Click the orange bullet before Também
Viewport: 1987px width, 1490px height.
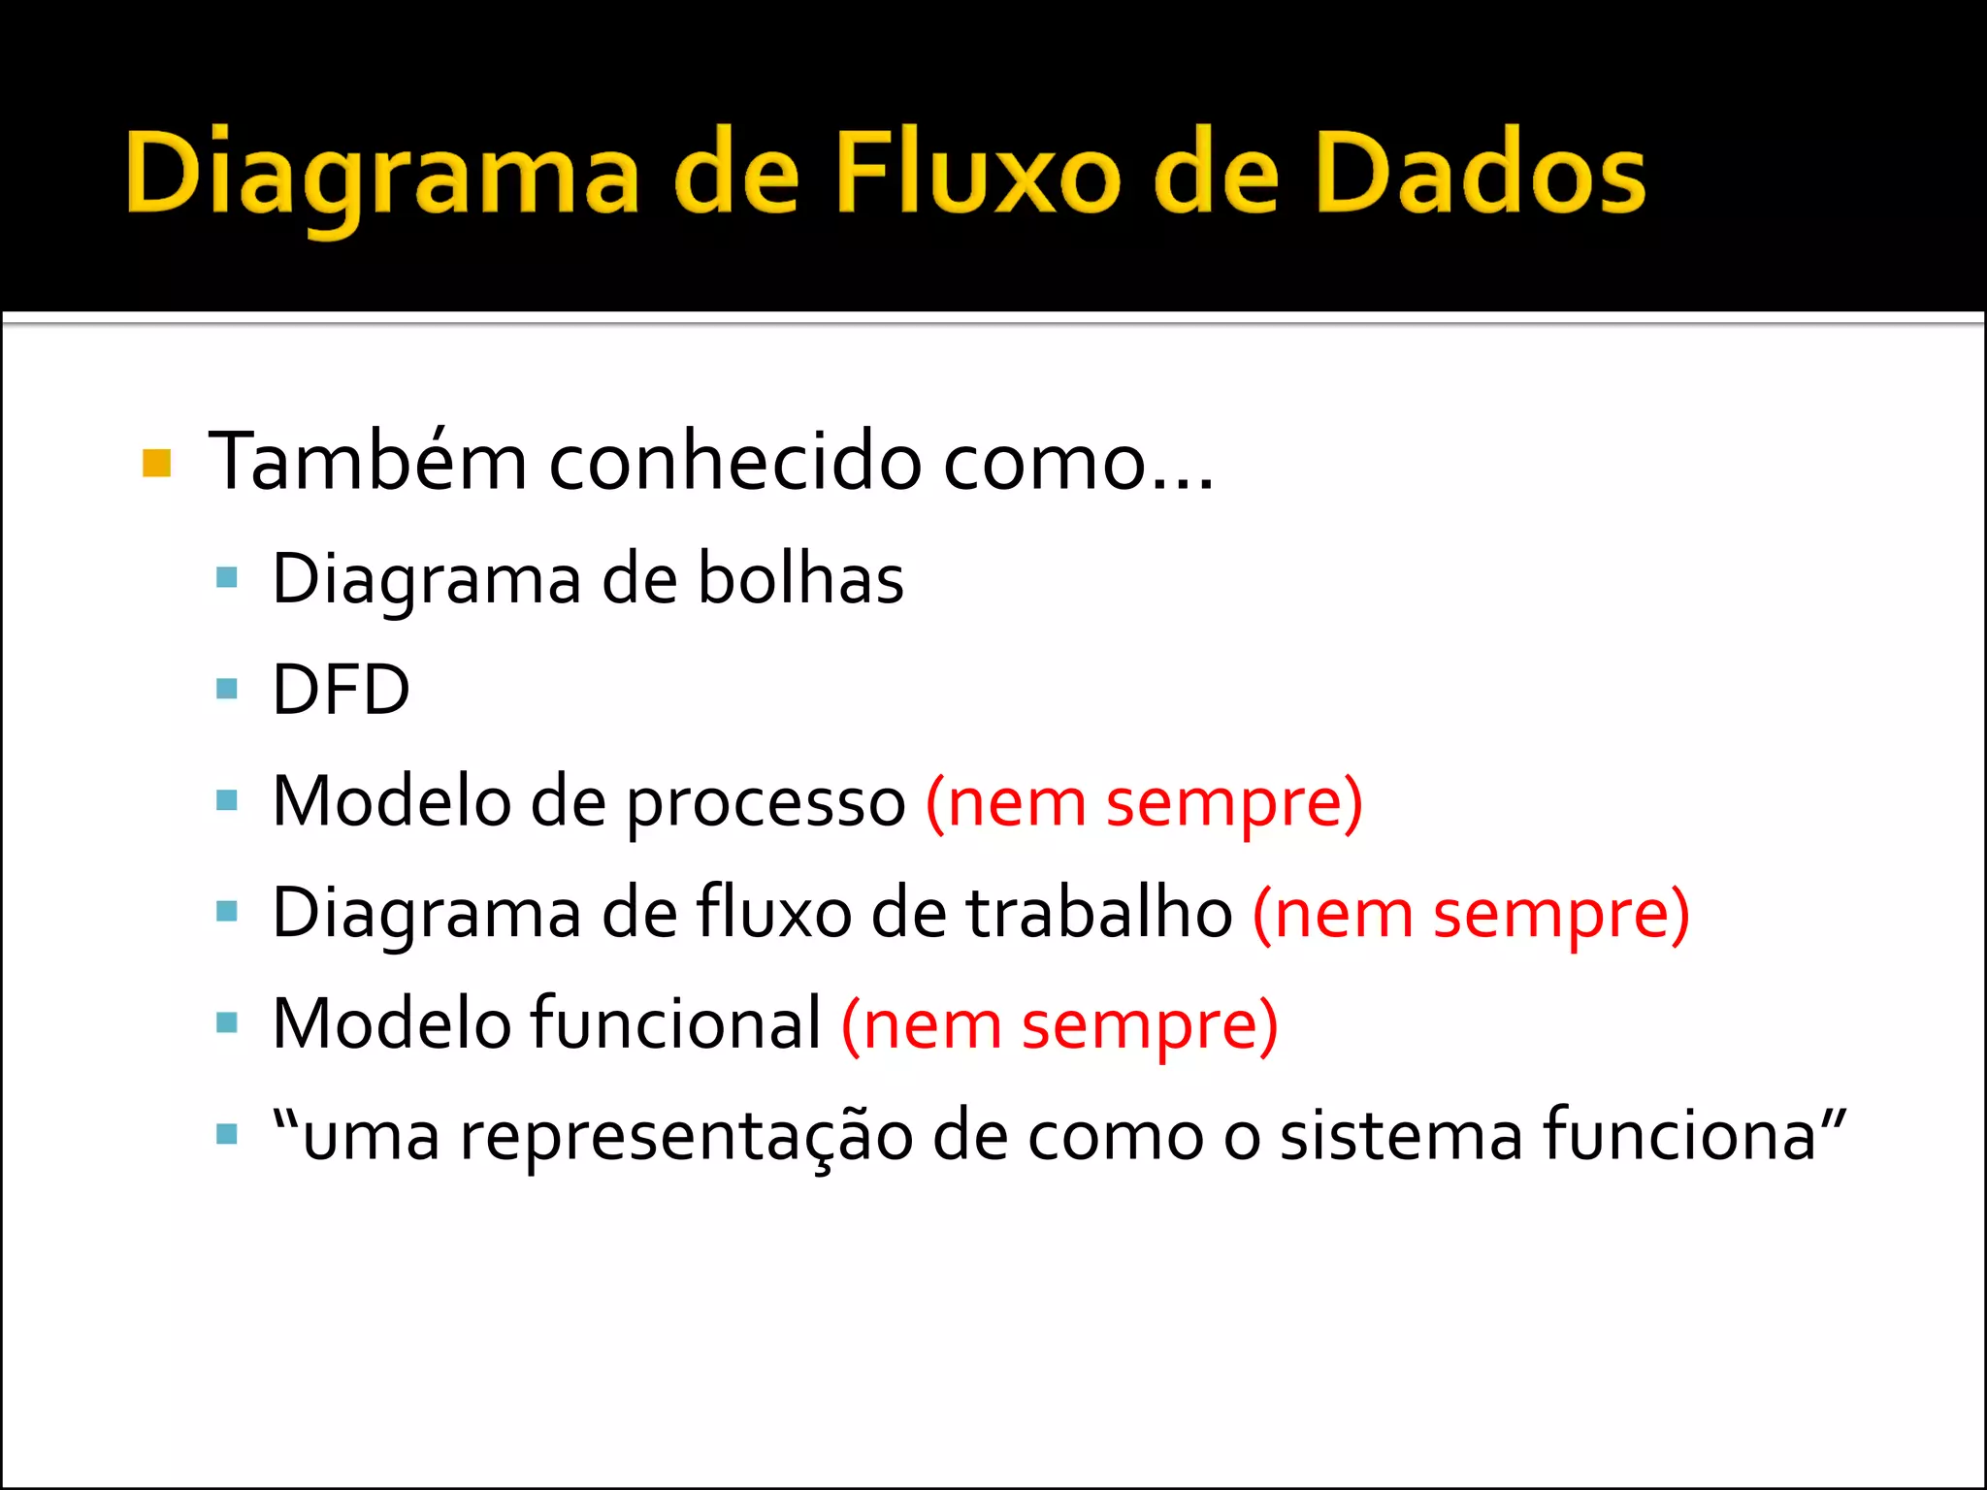156,464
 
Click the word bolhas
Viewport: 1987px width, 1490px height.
800,579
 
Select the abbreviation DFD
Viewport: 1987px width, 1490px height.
341,690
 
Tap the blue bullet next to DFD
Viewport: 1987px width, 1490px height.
227,690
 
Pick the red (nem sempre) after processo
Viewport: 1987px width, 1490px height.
1144,802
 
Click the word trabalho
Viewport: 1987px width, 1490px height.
1098,913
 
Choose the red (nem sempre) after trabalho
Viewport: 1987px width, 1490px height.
1471,913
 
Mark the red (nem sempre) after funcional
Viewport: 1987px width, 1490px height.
1059,1023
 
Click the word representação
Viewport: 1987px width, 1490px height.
686,1135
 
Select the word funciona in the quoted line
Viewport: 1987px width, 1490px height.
1679,1135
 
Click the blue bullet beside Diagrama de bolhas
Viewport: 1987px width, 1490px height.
227,579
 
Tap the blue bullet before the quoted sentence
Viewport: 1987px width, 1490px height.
227,1134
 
